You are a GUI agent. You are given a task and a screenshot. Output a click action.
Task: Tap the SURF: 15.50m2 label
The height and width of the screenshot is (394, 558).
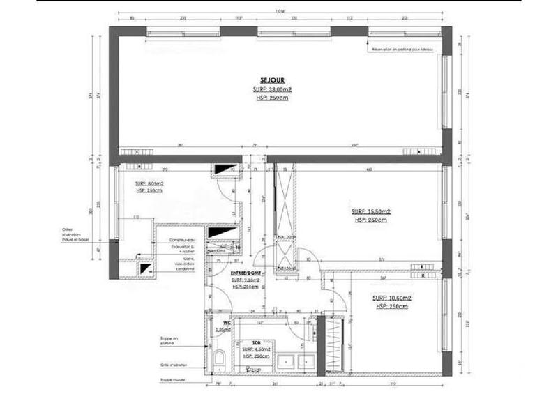[x=370, y=211]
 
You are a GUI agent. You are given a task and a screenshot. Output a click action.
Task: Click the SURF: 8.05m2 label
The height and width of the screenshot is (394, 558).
[x=149, y=183]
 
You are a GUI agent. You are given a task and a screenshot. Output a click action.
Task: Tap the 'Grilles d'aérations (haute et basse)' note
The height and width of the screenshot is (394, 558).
[x=76, y=236]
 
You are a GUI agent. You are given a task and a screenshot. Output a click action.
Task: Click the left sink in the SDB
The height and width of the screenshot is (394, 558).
[x=285, y=361]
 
